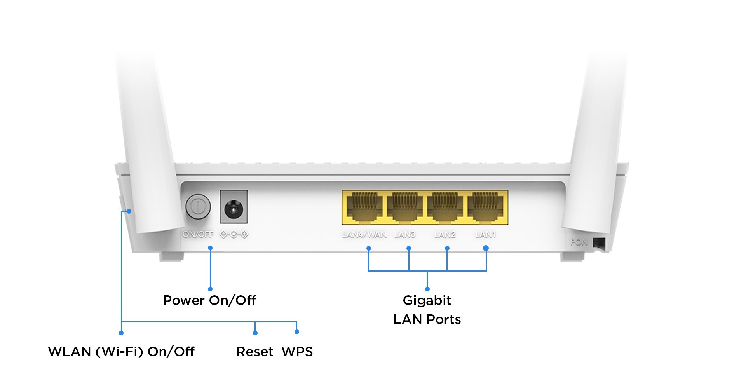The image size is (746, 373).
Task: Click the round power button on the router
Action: click(x=198, y=206)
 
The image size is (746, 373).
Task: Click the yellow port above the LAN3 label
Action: click(x=404, y=208)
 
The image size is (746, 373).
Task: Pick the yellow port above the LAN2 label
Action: click(x=445, y=208)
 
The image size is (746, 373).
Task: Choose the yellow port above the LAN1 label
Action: click(x=486, y=208)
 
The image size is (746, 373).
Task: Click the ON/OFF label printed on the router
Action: click(x=198, y=234)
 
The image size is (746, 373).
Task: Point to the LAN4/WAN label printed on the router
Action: click(x=364, y=234)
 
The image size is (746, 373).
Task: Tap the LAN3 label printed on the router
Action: click(x=404, y=234)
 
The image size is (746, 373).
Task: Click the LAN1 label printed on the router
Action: click(x=486, y=234)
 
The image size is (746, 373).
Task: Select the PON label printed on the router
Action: click(x=579, y=242)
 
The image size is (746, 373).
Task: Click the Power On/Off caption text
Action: click(x=209, y=300)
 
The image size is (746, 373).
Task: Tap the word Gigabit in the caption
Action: click(x=427, y=300)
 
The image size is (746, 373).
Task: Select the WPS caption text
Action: click(x=297, y=352)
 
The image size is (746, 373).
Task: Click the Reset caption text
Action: click(x=255, y=352)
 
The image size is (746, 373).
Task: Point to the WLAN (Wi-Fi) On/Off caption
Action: click(x=121, y=352)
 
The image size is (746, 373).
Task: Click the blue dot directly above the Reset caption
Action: click(x=255, y=333)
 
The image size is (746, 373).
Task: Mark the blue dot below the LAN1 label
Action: click(x=486, y=248)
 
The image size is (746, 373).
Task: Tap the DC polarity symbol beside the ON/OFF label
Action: click(x=234, y=235)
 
